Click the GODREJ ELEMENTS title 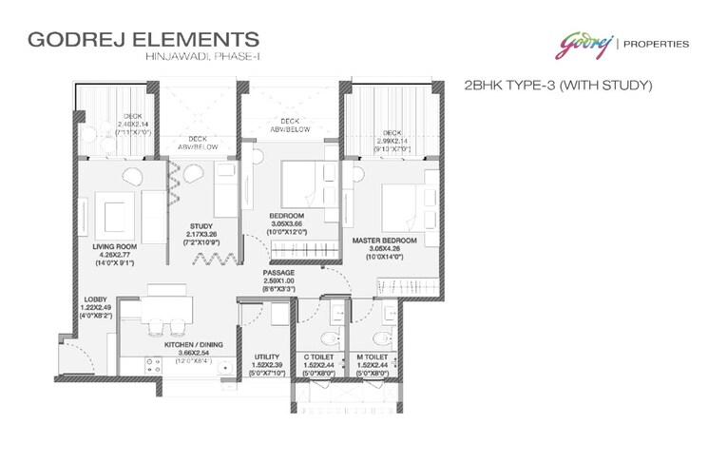click(x=144, y=40)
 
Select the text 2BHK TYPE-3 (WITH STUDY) click(x=557, y=86)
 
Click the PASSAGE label click(x=279, y=274)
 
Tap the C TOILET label click(x=318, y=357)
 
